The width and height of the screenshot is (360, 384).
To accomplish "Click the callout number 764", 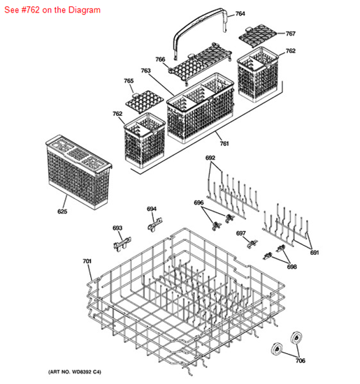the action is point(240,14).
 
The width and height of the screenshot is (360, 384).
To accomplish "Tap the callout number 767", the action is point(290,34).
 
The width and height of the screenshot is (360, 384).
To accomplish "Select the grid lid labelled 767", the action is point(257,35).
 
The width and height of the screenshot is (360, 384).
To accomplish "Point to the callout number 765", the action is point(129,81).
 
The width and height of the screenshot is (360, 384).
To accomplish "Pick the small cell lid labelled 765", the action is point(145,102).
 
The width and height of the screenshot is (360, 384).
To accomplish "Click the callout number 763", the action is point(145,71).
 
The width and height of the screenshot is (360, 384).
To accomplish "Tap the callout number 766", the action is point(160,59).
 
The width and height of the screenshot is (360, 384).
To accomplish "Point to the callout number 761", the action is point(224,144).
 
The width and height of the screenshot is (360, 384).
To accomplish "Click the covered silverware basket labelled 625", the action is point(78,172).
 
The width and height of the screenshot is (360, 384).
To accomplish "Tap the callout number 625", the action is point(62,212).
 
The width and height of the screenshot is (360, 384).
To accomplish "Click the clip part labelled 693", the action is point(122,243).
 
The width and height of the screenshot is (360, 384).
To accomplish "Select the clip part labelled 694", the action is point(155,225).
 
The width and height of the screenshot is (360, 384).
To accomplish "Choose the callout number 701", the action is point(87,261).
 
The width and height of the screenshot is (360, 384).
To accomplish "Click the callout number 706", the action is point(301,360).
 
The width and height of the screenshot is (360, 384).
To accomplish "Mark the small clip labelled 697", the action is point(252,244).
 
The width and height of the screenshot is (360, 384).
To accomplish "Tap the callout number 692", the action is point(210,158).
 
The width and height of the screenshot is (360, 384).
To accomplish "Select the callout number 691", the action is point(315,253).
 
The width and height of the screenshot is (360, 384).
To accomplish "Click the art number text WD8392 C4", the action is point(86,372).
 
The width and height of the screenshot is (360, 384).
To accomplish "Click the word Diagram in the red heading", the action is point(85,10).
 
